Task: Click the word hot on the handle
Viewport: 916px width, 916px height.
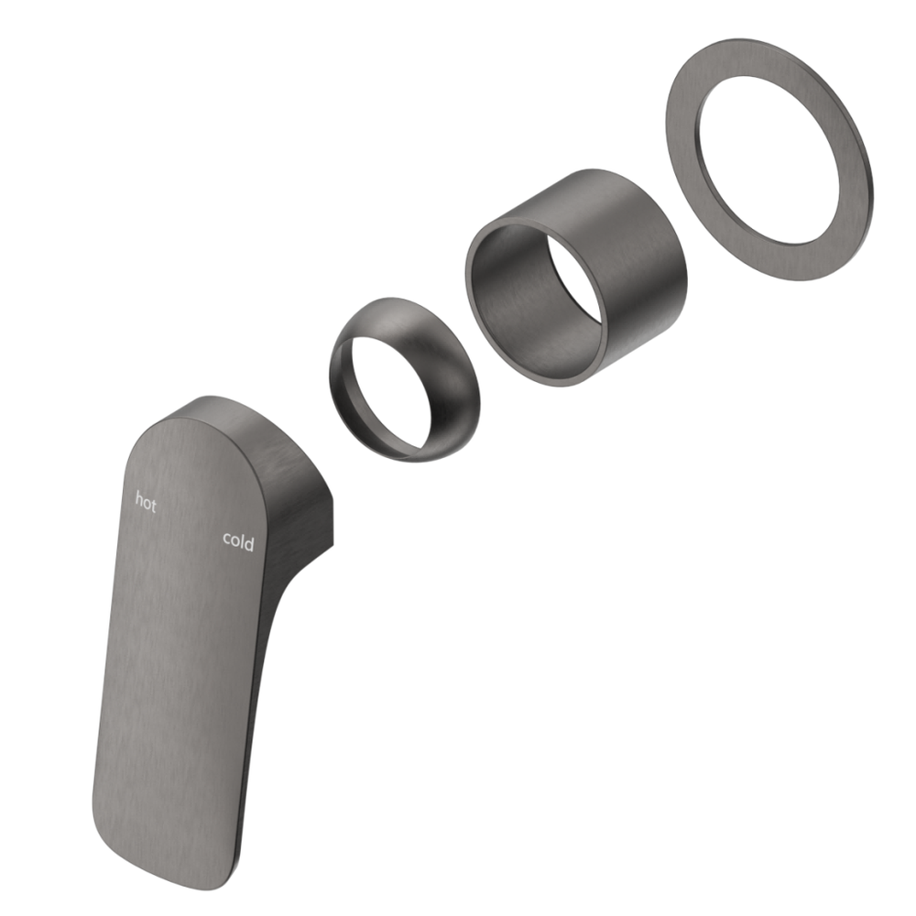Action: [x=146, y=501]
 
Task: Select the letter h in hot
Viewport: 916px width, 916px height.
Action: [x=139, y=499]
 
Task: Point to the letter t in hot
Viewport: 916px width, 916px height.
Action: [x=153, y=503]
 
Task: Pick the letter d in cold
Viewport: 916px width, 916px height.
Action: [x=250, y=543]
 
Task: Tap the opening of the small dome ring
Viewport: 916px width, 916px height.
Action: [x=380, y=389]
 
